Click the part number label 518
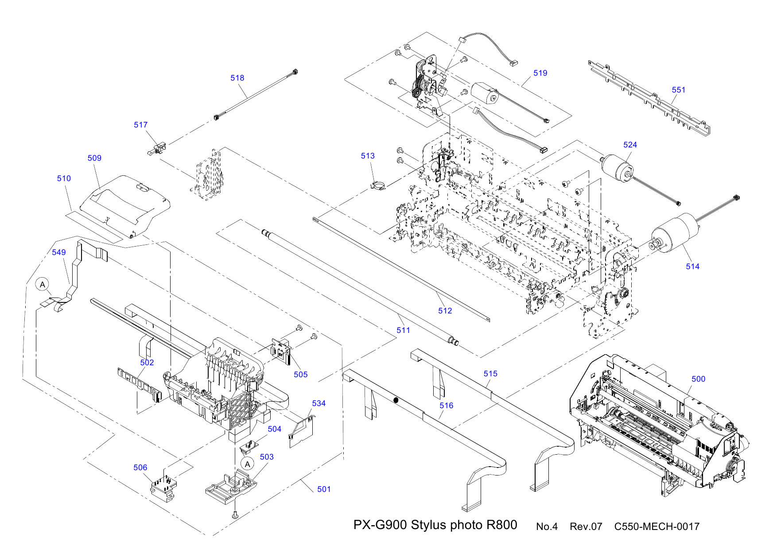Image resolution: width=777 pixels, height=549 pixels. [237, 78]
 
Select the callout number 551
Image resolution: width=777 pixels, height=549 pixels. [678, 90]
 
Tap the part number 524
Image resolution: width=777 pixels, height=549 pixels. [629, 145]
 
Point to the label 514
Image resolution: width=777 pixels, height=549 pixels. [692, 267]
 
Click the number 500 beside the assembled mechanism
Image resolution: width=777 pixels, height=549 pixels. [698, 379]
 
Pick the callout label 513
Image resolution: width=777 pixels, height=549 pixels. [367, 156]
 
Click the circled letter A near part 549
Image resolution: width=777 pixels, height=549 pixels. [42, 284]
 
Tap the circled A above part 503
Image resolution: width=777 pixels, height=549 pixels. [247, 464]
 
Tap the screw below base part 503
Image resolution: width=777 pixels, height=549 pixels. [235, 515]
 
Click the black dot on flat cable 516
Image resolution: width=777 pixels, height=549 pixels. [396, 400]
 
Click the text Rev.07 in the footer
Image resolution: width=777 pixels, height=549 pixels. [586, 527]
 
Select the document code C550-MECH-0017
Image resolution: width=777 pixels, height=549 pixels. [657, 527]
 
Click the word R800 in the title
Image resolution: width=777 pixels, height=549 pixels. [501, 525]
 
